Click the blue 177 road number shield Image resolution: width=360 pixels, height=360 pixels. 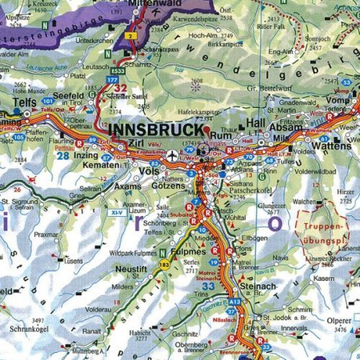pos(110,81)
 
